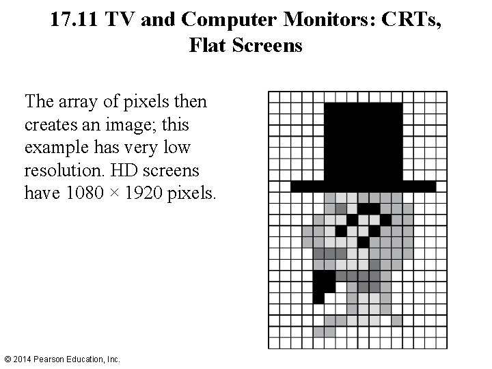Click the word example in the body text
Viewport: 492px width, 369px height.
53,148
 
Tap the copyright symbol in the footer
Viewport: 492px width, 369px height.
7,359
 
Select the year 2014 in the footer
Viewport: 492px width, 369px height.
22,359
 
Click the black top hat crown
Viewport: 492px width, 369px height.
363,140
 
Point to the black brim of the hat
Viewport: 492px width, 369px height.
363,185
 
